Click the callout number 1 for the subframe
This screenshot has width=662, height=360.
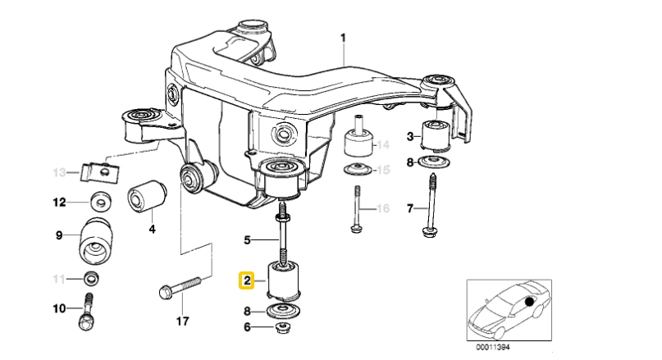(344, 38)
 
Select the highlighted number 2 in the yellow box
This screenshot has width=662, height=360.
(246, 281)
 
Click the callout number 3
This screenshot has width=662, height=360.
(410, 135)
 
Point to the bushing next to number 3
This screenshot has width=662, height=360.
(436, 135)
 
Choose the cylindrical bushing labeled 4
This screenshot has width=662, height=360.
(148, 196)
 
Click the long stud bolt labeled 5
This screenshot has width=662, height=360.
(283, 238)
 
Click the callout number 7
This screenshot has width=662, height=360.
(410, 209)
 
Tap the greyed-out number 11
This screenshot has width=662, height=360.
(58, 280)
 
